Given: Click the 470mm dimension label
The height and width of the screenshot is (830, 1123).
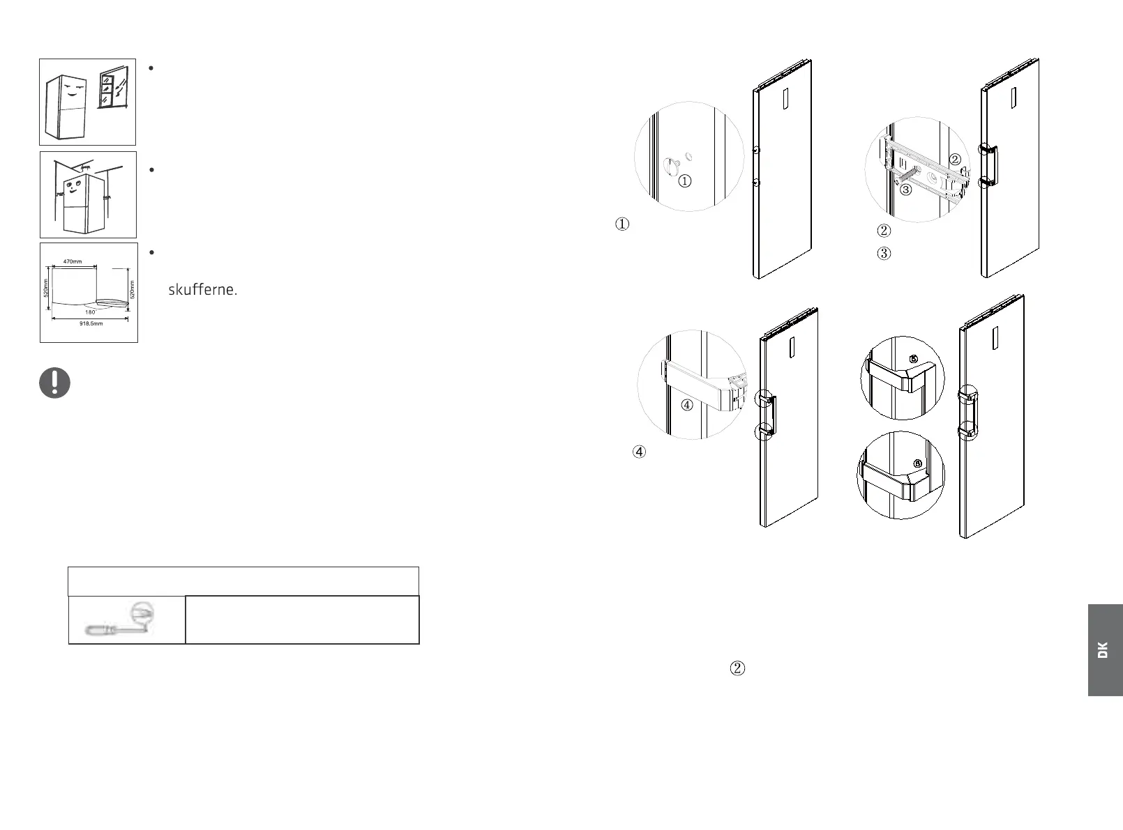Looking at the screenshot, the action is (73, 261).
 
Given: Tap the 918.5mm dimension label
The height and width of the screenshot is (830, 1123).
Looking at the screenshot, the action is (90, 324).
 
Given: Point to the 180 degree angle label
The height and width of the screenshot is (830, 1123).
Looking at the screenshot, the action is (90, 312).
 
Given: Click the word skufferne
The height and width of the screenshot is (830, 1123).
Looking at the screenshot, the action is (202, 290).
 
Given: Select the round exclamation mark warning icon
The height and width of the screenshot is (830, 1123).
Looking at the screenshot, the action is (54, 383).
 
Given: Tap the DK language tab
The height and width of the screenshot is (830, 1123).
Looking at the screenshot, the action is (1103, 650).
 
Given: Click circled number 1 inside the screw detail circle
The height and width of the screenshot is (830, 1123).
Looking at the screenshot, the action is (685, 181).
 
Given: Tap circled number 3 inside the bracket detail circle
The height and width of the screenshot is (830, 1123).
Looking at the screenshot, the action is (905, 189).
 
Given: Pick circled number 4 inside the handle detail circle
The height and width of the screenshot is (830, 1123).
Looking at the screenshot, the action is (687, 405).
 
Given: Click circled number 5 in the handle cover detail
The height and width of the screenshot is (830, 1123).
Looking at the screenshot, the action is (913, 360).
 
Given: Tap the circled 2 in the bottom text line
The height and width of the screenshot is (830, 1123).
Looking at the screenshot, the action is (737, 668).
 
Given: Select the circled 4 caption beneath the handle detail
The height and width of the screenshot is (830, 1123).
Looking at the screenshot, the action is (639, 452).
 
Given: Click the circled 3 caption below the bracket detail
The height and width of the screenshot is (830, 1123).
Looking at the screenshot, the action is (884, 254).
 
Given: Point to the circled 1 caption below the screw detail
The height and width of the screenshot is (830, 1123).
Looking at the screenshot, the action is (621, 224).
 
